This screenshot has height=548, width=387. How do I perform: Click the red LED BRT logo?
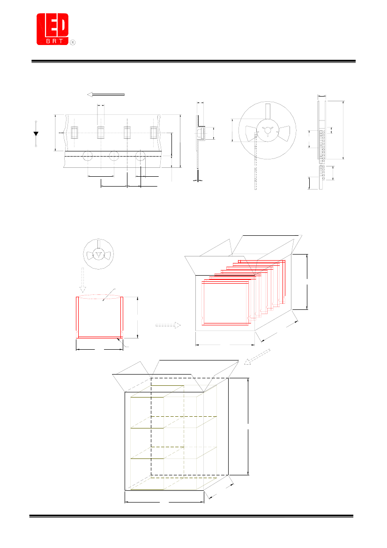point(52,29)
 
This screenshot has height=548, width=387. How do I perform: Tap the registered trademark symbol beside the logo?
point(73,42)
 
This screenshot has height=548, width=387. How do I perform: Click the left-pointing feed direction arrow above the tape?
point(106,94)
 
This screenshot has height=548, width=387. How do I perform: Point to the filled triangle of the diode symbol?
point(36,134)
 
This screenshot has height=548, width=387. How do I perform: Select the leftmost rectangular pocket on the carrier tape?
point(74,133)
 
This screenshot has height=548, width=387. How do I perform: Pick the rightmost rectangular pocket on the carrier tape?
point(154,133)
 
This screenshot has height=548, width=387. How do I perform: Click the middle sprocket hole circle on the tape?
point(114,156)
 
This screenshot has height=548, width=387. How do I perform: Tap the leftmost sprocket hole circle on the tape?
point(88,156)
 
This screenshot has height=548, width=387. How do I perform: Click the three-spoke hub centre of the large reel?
point(268,131)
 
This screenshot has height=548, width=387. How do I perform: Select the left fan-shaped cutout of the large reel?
point(252,134)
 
